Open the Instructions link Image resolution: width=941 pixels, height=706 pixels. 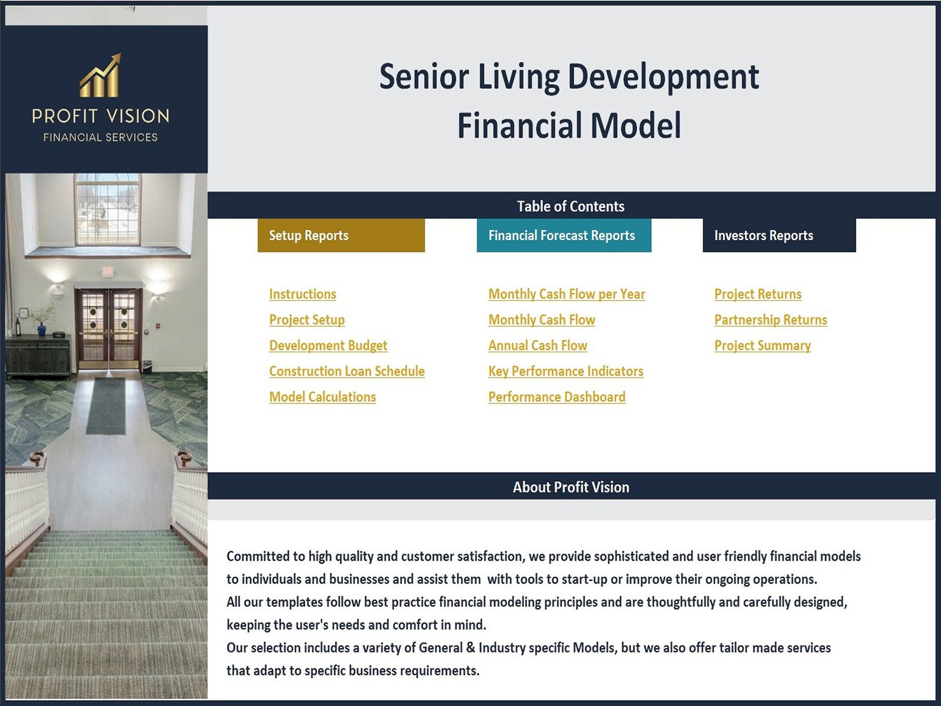[303, 294]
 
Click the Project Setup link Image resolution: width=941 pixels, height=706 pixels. [307, 320]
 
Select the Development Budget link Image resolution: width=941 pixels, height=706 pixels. [328, 345]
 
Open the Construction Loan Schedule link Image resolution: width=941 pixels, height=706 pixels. [347, 371]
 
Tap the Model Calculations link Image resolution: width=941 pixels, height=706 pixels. [322, 397]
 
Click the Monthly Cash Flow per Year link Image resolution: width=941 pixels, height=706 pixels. [567, 294]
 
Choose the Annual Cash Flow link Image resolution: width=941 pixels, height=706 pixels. [538, 345]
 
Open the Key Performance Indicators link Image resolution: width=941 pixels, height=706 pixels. [566, 371]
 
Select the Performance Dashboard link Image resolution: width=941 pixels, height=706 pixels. [557, 397]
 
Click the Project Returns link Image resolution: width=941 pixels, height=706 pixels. [758, 294]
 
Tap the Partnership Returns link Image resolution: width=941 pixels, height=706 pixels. [771, 320]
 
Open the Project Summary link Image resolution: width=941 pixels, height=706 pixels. [763, 345]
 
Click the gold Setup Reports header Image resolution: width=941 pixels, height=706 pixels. [341, 235]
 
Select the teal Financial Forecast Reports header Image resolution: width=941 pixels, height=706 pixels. [564, 235]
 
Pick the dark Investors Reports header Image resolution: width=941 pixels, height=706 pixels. [779, 235]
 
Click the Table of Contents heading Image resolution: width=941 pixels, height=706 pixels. [570, 206]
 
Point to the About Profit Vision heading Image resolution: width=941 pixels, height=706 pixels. [571, 487]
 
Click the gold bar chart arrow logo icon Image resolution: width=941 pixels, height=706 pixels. [100, 75]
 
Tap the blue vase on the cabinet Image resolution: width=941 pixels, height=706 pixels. [42, 329]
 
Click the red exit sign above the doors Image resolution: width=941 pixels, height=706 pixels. [107, 271]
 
